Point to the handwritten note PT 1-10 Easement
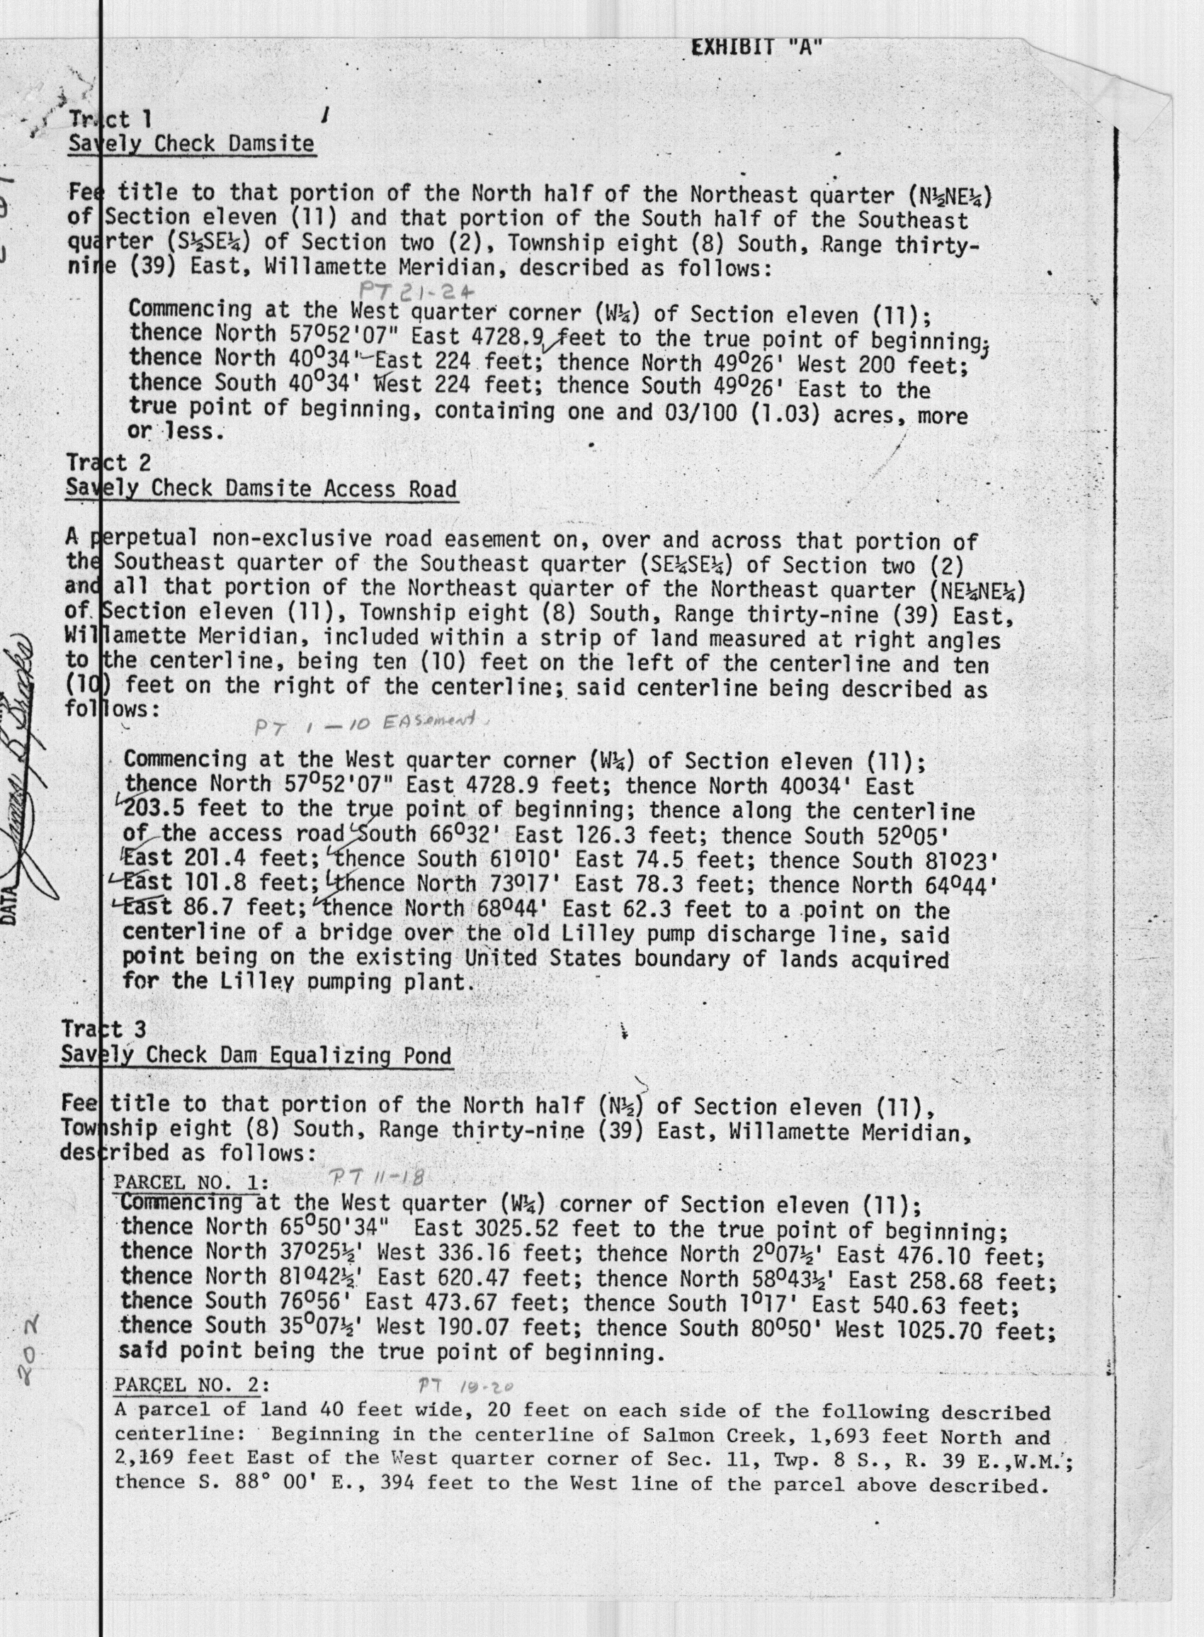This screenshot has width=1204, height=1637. pos(365,724)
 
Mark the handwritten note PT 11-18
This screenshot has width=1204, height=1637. pos(377,1176)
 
